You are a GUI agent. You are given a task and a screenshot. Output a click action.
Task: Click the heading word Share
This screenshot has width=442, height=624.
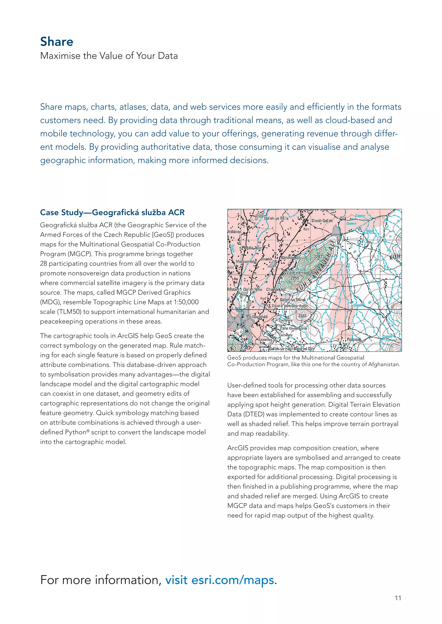point(57,42)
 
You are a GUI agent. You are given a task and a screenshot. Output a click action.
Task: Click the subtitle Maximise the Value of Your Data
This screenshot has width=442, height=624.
point(109,56)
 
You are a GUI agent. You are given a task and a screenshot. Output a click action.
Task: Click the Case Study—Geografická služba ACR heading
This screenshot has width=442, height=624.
point(112,212)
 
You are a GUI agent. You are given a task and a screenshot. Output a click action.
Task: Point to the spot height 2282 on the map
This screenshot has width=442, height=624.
point(302,315)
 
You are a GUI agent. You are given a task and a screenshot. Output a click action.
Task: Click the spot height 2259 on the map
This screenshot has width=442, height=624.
point(295,278)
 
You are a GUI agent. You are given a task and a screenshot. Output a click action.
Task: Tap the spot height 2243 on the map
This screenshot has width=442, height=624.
point(318,257)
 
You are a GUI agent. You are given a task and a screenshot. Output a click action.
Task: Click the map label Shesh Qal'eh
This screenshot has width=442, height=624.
point(322,221)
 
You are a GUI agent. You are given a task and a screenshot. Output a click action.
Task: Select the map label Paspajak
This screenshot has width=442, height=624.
point(354,339)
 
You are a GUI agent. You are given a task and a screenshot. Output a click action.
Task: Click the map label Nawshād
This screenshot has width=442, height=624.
point(260,317)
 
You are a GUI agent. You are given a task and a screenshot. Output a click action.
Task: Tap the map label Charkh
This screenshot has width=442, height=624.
point(267,259)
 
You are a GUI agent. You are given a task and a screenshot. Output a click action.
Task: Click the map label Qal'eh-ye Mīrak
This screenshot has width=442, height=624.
point(293,300)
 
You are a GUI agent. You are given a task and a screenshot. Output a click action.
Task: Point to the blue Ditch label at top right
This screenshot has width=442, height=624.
point(370,231)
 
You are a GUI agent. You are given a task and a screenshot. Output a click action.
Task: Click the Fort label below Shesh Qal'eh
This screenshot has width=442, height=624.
point(306,229)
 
